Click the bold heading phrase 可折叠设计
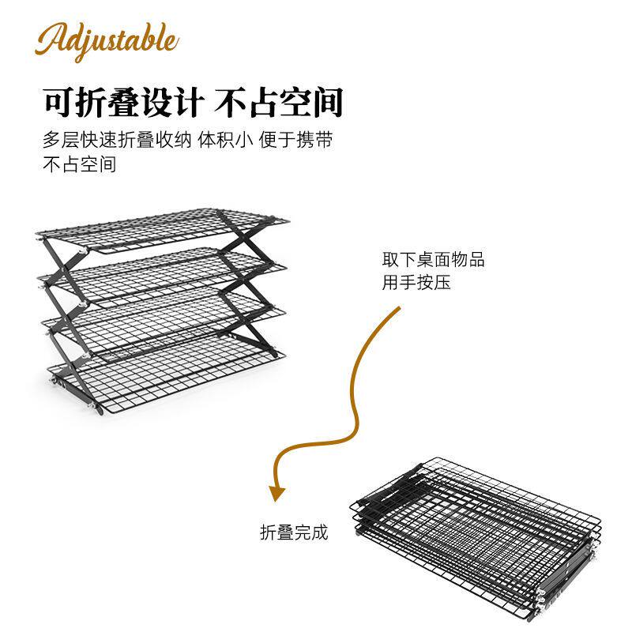125,103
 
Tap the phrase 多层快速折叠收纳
117,141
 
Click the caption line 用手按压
416,282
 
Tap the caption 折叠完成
294,532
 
